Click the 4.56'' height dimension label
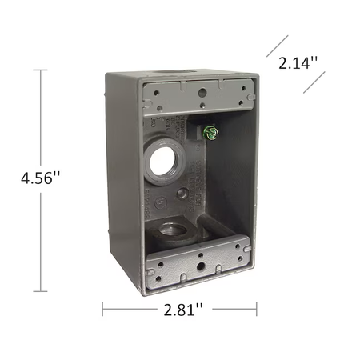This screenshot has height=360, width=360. pos(41,178)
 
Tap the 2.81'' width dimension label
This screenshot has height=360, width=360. pos(183,310)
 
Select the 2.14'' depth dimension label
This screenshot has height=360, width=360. pos(298,63)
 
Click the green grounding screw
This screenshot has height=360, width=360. pos(210,133)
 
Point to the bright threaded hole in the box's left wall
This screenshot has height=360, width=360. pos(162,162)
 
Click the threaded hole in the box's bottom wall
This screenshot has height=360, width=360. pos(173,230)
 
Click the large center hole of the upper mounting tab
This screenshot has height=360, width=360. pos(202,93)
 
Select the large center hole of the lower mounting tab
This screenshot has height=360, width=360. pos(200,266)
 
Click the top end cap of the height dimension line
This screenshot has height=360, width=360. pos(41,70)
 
